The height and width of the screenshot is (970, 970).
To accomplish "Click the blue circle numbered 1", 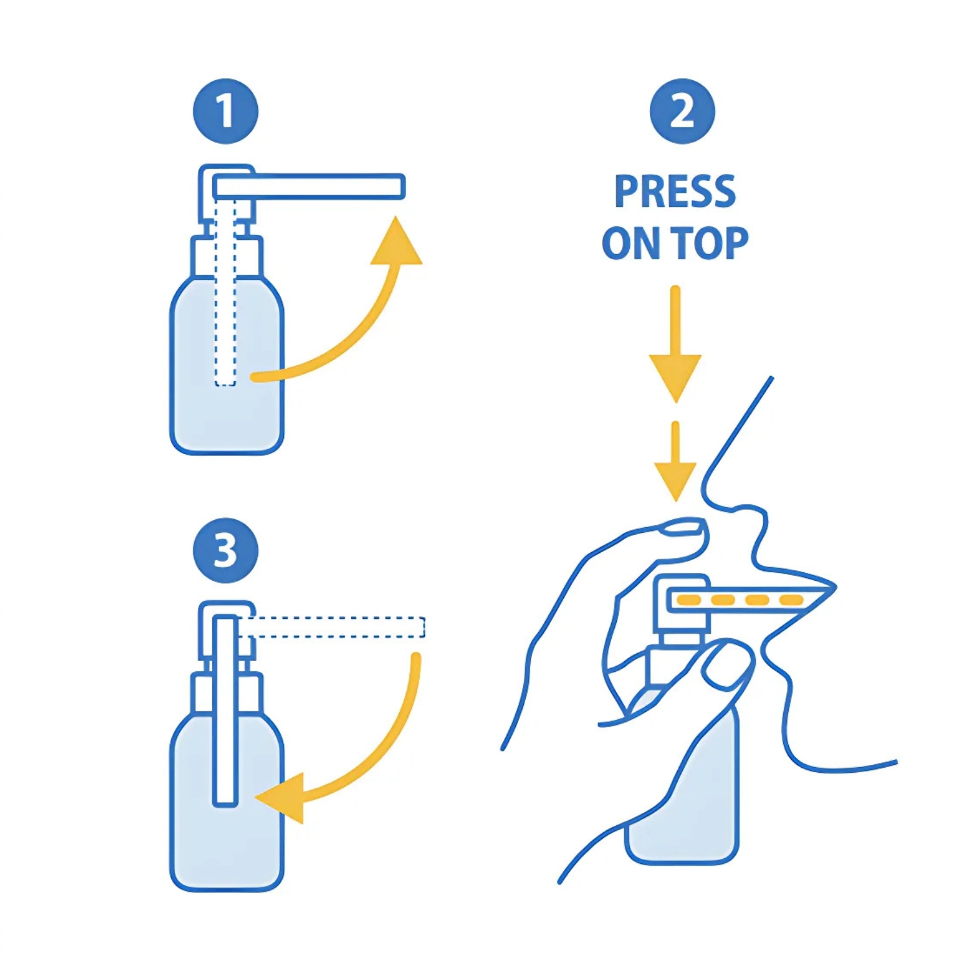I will pos(226,111).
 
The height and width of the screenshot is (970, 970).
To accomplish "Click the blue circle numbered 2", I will pos(682,111).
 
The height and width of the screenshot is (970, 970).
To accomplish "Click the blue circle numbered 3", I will pos(226,550).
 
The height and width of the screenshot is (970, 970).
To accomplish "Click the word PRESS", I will pos(674,191).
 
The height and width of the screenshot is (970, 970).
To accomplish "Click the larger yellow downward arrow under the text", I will pos(675,362).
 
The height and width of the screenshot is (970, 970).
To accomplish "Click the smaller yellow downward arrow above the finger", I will pos(675,472).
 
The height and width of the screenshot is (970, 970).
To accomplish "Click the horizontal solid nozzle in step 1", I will pos(309,186).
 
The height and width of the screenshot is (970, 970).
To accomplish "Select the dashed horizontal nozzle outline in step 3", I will pos(333,627).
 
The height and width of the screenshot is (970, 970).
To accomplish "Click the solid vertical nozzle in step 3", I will pos(225,711).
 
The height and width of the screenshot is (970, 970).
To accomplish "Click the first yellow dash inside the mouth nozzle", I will pos(688,600).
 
